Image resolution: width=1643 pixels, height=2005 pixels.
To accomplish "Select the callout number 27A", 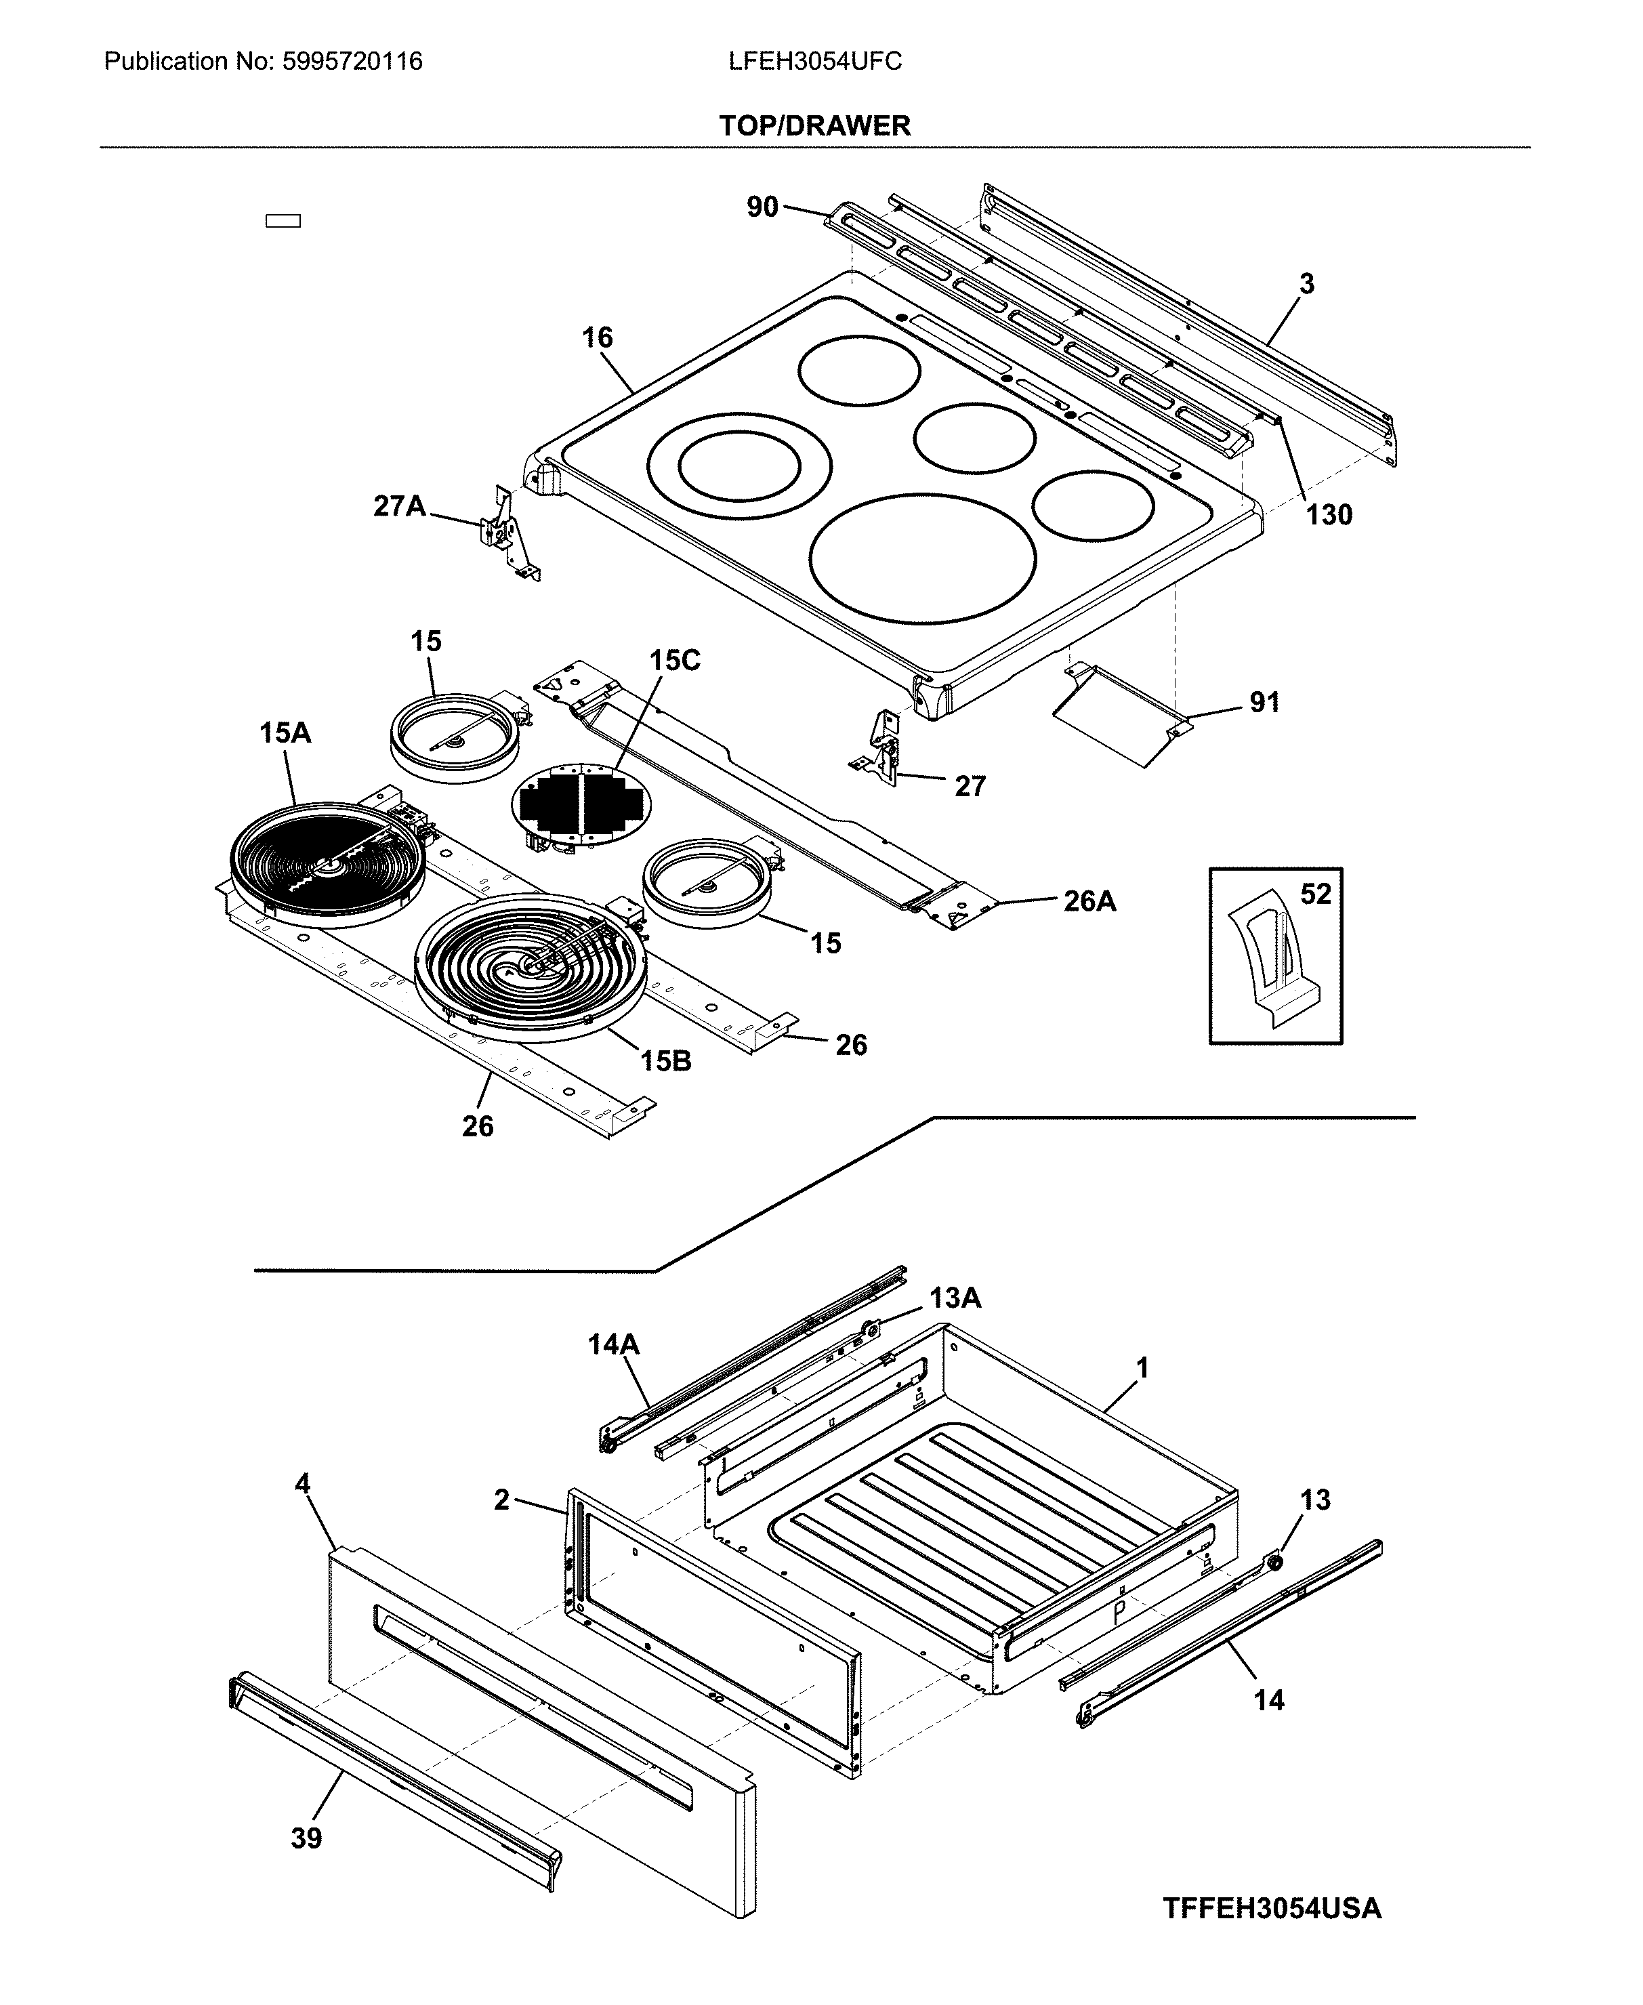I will pyautogui.click(x=398, y=506).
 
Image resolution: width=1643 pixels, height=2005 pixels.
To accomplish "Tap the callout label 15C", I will pyautogui.click(x=674, y=661).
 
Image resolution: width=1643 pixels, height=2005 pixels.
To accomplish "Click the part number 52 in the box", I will pyautogui.click(x=1314, y=894).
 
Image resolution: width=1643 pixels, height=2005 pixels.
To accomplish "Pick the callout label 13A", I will pyautogui.click(x=954, y=1298).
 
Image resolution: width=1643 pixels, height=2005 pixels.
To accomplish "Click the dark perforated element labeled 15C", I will pyautogui.click(x=580, y=804).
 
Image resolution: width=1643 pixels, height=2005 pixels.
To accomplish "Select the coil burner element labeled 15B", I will pyautogui.click(x=530, y=966).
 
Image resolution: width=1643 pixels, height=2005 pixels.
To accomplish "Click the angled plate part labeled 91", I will pyautogui.click(x=1121, y=716).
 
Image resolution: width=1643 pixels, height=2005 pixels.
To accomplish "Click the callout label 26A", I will pyautogui.click(x=1089, y=901).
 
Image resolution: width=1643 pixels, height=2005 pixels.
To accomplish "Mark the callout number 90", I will pyautogui.click(x=762, y=207).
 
